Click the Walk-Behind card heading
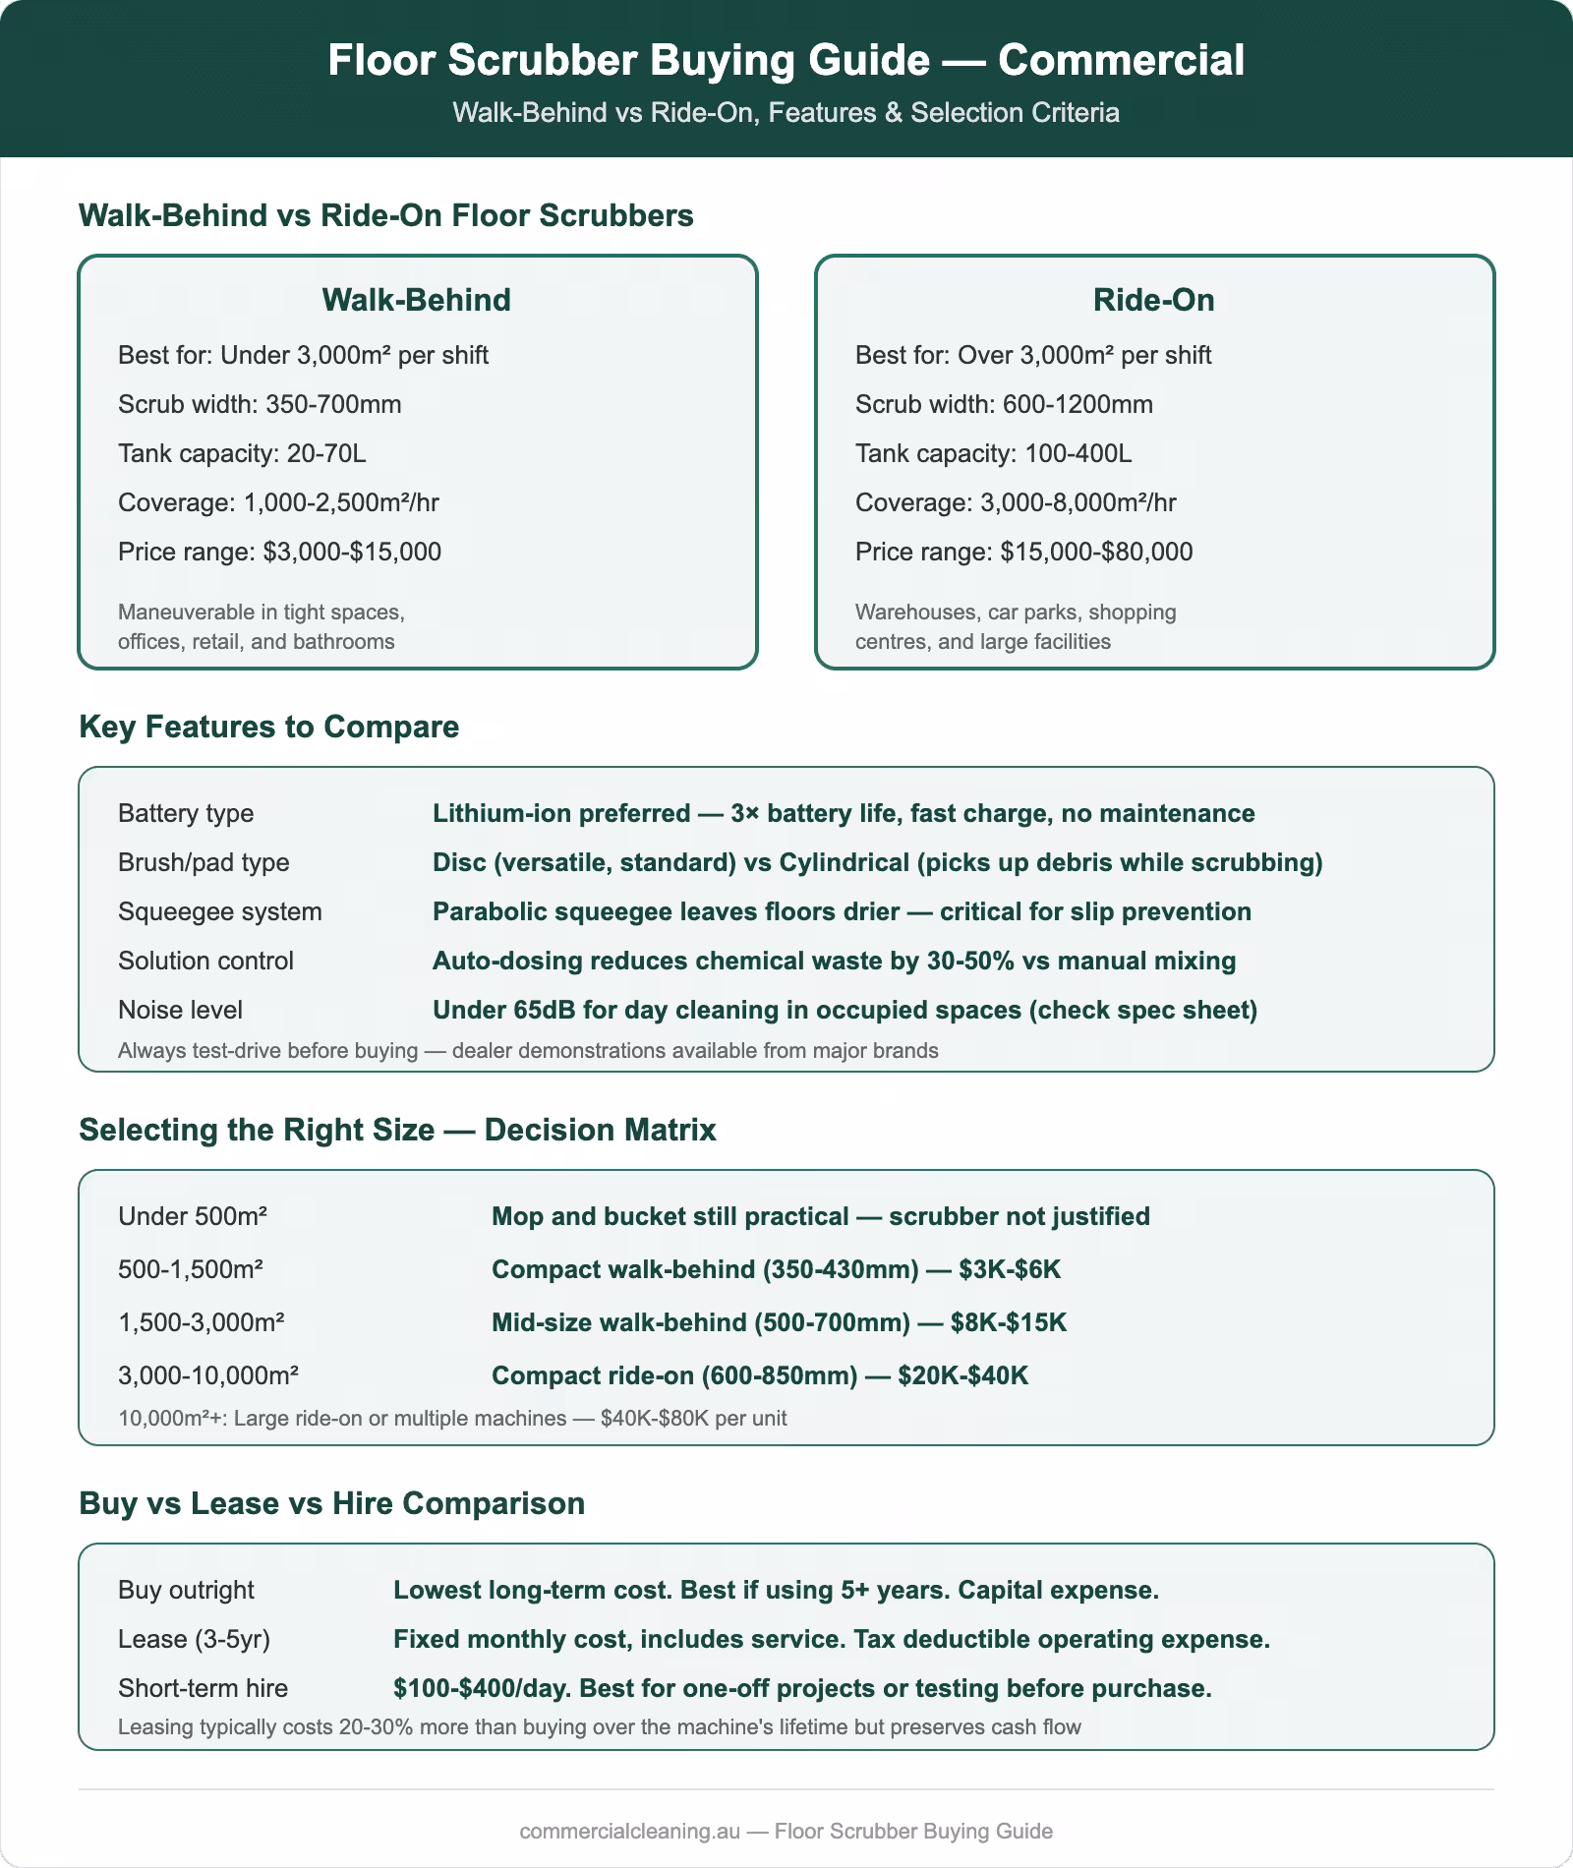[417, 300]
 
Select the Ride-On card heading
[1153, 300]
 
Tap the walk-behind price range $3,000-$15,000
[352, 552]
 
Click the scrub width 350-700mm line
[260, 404]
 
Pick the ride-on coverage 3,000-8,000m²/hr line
[1016, 502]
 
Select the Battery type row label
[186, 813]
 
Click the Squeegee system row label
[220, 911]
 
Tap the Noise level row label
[180, 1010]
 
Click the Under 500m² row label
[193, 1216]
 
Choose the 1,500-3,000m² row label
[201, 1321]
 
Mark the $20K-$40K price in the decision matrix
[962, 1374]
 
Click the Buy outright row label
[186, 1590]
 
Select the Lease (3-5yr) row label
[194, 1639]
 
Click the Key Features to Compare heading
[268, 727]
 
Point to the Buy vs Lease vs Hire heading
[331, 1503]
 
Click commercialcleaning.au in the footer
[630, 1831]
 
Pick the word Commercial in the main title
[1122, 60]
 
